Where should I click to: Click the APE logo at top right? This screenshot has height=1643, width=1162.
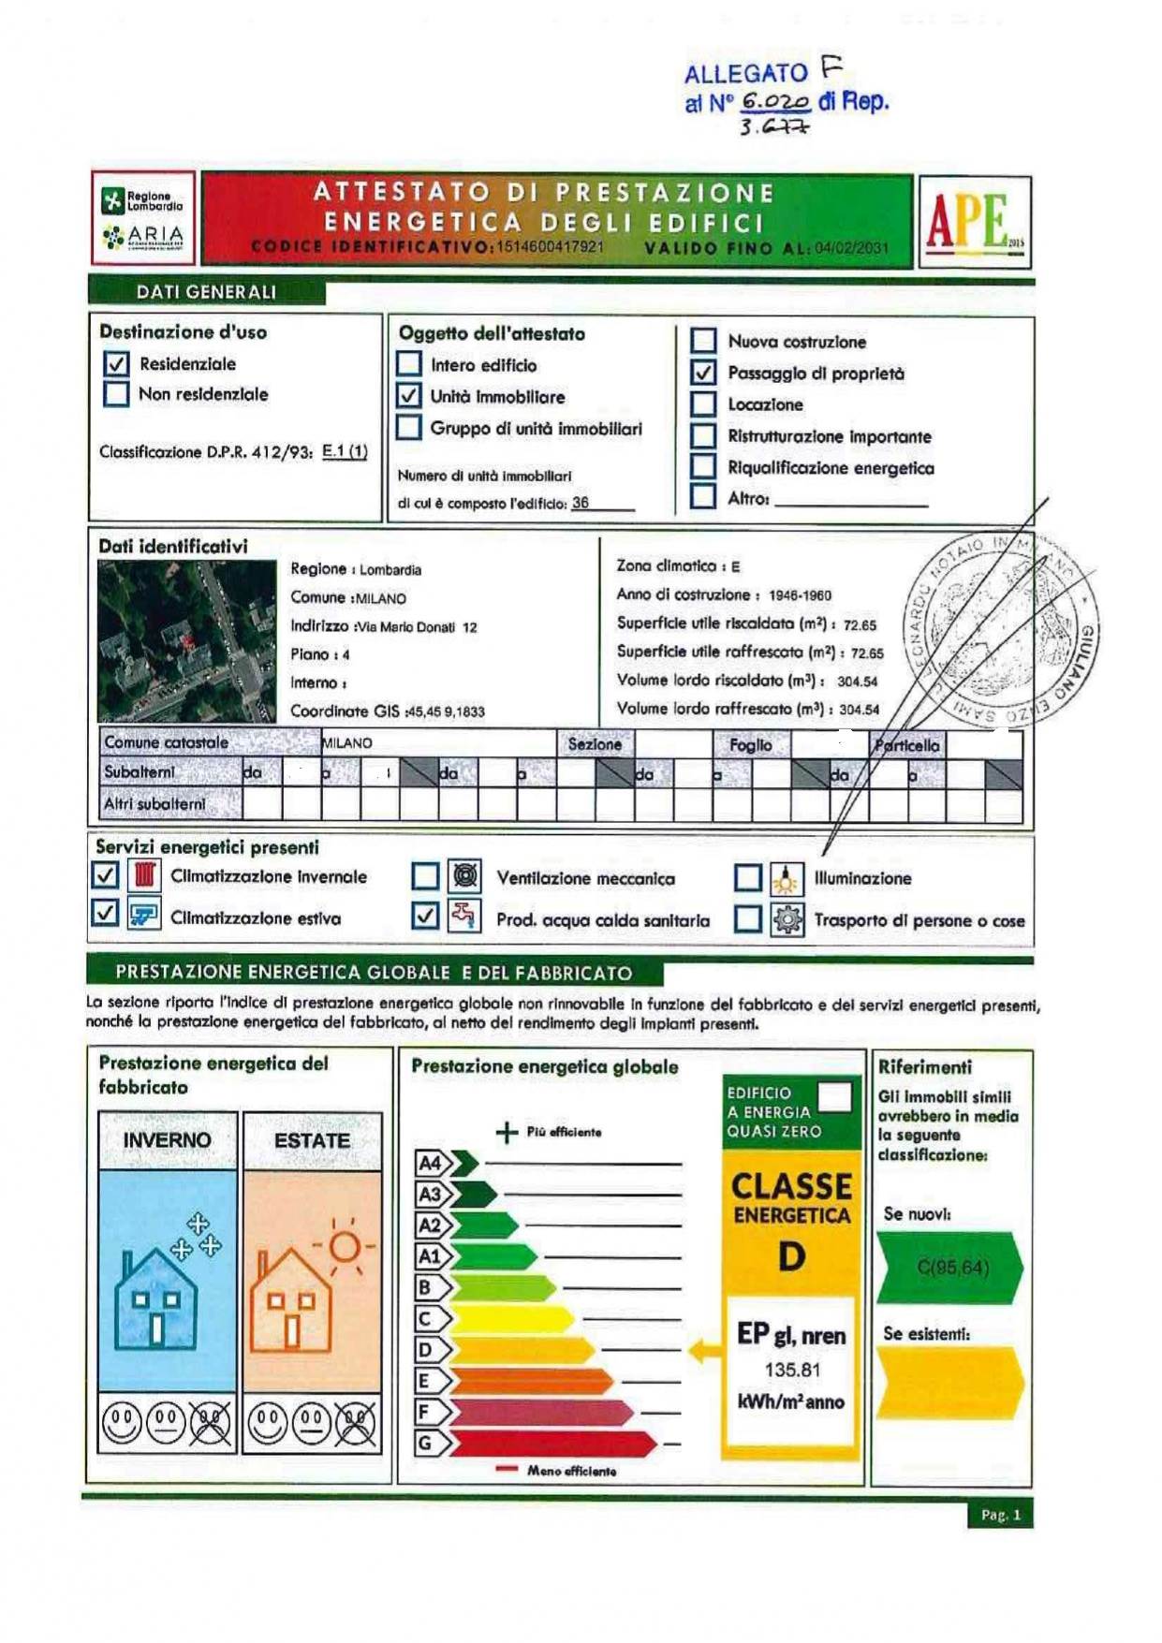(974, 222)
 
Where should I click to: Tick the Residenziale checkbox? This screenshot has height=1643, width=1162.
(116, 363)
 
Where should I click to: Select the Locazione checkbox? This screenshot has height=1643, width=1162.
(703, 404)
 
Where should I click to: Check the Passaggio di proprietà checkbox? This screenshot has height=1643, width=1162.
(703, 373)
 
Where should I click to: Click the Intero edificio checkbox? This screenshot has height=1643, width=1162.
(409, 364)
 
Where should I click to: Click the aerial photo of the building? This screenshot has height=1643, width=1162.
(187, 641)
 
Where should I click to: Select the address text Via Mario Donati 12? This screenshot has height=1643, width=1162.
(416, 627)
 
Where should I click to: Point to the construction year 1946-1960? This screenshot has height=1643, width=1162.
(800, 595)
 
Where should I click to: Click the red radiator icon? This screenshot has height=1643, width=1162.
(144, 875)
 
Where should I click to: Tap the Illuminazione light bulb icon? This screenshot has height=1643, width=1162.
(787, 879)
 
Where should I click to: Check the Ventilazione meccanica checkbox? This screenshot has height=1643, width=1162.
(426, 877)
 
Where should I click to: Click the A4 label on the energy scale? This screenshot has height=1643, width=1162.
(430, 1164)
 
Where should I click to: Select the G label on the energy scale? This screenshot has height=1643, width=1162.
(426, 1443)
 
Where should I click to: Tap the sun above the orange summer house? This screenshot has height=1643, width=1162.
(345, 1246)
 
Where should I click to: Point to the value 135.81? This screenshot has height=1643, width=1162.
(792, 1371)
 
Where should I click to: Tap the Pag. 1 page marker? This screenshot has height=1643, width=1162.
(1000, 1515)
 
